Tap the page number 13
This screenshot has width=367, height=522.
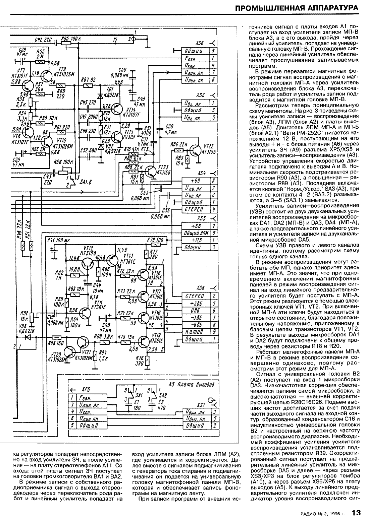356,512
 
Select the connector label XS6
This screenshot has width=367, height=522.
200,44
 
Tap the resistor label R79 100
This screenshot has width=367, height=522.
155,240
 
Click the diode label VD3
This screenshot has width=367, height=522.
22,327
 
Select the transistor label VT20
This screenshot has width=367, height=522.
57,354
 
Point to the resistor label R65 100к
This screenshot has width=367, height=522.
69,39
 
